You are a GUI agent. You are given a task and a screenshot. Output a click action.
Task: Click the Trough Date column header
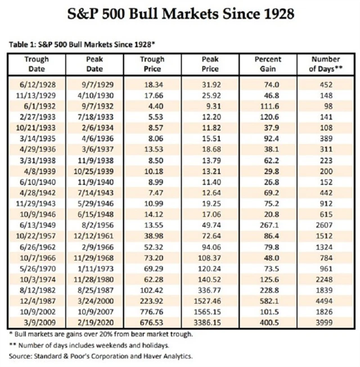point(37,64)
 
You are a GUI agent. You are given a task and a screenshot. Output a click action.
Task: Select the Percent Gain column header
point(267,64)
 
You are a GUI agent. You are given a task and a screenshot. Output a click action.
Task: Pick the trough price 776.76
point(152,312)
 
